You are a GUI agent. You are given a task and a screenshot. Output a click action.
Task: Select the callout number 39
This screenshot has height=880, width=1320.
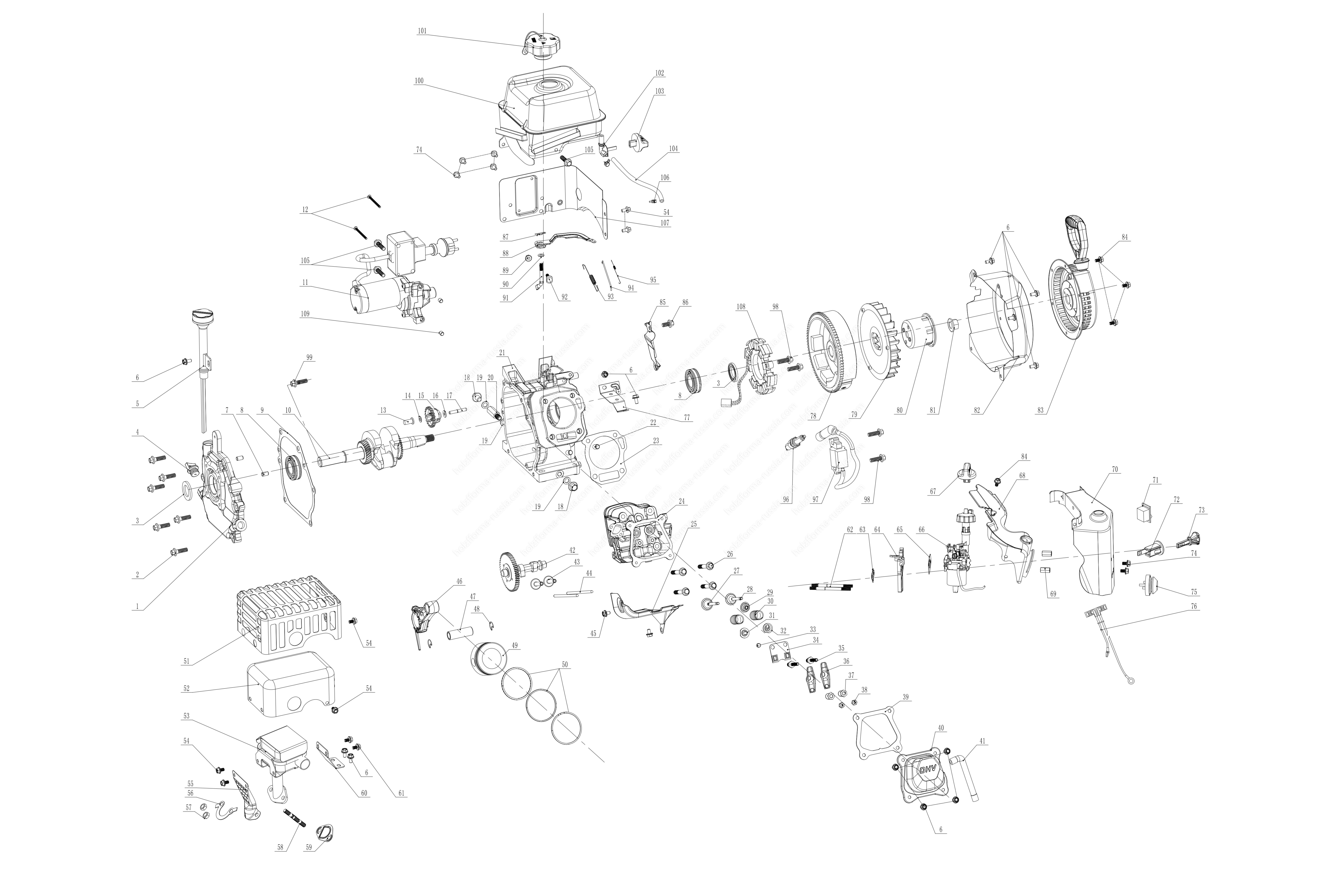pos(906,697)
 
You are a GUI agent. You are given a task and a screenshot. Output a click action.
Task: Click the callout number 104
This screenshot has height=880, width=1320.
pos(673,149)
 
